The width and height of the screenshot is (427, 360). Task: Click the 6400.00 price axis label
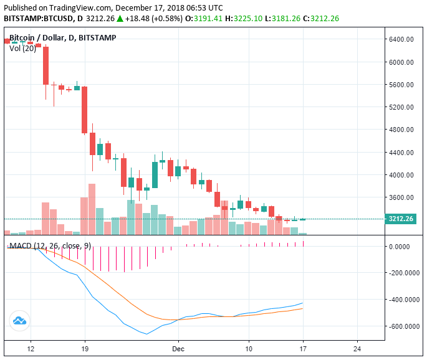[402, 39]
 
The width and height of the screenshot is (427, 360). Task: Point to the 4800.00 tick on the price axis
[402, 130]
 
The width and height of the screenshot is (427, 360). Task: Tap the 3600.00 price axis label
[402, 197]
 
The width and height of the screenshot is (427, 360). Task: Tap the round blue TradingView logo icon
[19, 321]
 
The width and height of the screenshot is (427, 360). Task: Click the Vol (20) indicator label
[22, 48]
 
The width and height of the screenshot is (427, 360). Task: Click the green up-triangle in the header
[120, 19]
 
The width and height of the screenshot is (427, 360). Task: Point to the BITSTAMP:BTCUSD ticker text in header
[35, 19]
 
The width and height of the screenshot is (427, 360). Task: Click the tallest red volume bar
[92, 209]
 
